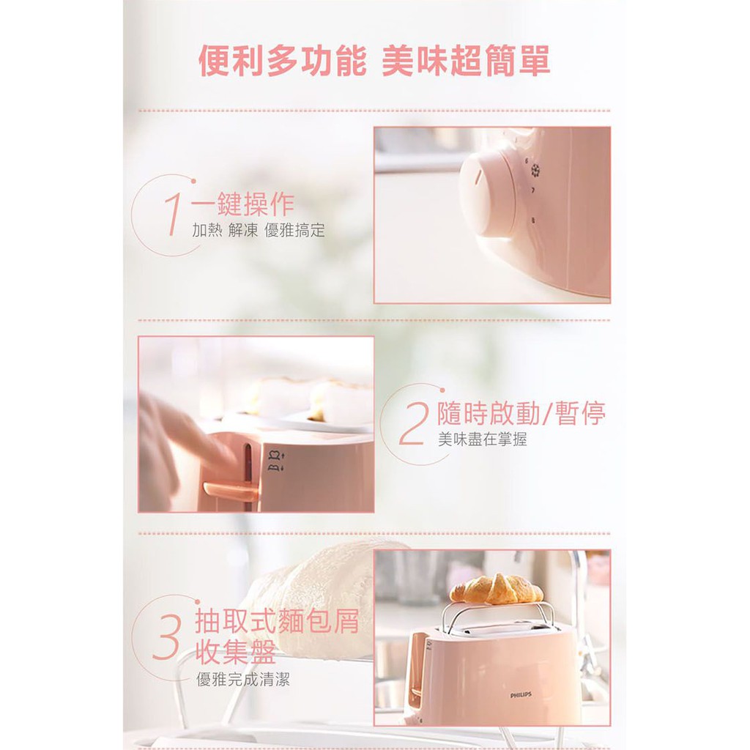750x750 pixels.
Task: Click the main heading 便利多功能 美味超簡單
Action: coord(374,61)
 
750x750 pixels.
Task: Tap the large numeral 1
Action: coord(173,214)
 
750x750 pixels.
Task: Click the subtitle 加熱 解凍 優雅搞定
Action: coord(259,230)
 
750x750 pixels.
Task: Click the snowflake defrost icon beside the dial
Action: coord(535,170)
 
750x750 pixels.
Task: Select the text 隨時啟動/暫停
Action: coord(521,413)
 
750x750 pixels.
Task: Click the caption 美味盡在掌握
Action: coord(482,439)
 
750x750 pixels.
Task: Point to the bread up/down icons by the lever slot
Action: coord(276,461)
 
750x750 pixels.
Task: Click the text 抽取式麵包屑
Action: coord(276,621)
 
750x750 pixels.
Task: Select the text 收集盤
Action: coord(235,651)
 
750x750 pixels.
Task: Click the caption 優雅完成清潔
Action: coord(243,679)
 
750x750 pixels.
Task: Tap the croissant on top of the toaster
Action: coord(497,589)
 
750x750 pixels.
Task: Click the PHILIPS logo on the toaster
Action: coord(521,694)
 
